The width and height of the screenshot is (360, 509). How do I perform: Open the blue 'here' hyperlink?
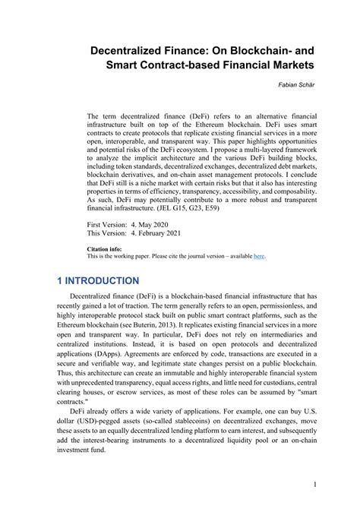coord(259,257)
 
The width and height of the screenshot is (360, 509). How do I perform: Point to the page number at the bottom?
coord(314,484)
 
